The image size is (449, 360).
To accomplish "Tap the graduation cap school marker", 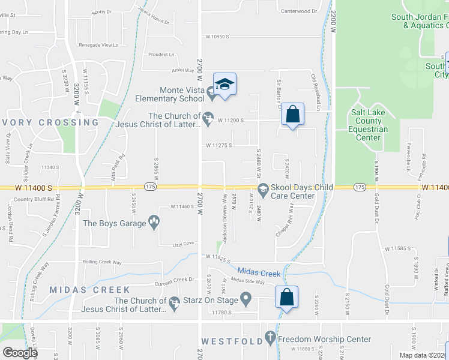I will pyautogui.click(x=224, y=85).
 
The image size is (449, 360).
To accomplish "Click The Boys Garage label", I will pyautogui.click(x=115, y=223).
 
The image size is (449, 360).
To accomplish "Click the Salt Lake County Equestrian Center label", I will pyautogui.click(x=368, y=125).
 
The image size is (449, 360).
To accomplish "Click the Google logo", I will pyautogui.click(x=19, y=353).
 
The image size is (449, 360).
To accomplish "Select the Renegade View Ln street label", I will pyautogui.click(x=98, y=45).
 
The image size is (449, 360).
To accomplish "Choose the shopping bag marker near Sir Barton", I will pyautogui.click(x=292, y=115).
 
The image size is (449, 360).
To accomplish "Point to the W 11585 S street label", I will pyautogui.click(x=401, y=248).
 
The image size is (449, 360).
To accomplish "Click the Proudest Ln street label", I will pyautogui.click(x=161, y=54).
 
